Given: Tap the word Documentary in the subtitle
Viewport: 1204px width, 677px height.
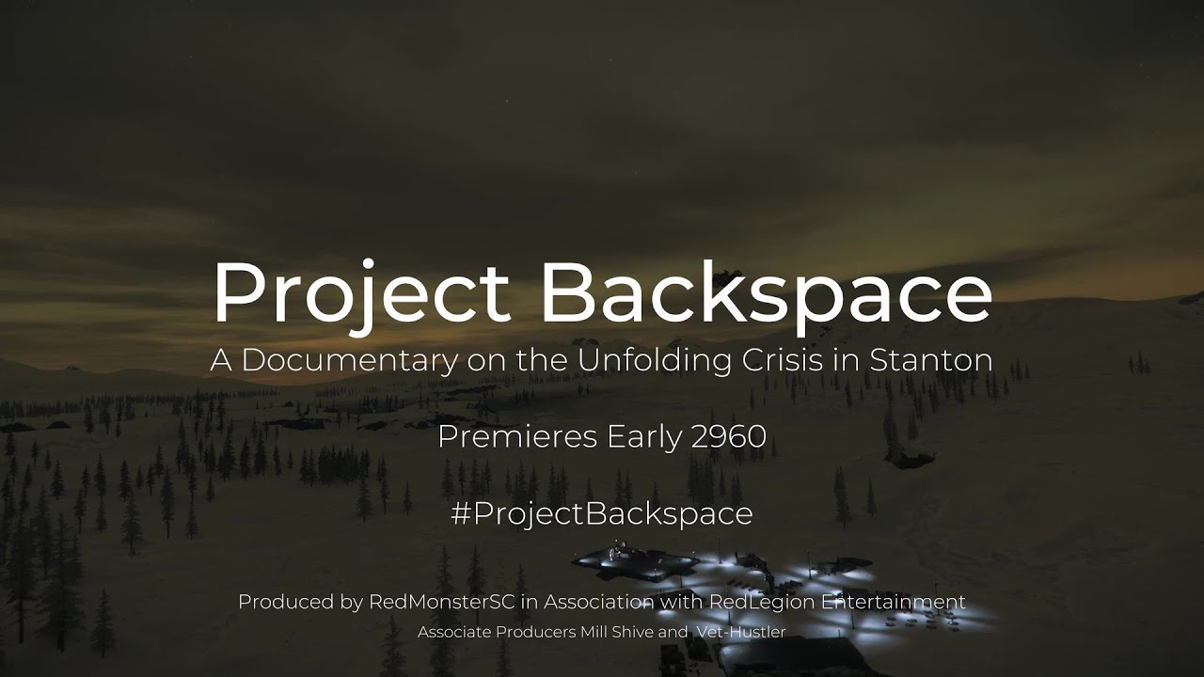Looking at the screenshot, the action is pyautogui.click(x=349, y=361).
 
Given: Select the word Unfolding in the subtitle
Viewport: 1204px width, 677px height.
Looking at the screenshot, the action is pyautogui.click(x=654, y=360).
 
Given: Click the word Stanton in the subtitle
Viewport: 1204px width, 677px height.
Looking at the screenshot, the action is pyautogui.click(x=931, y=360).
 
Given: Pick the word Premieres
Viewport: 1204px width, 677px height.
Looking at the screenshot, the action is pyautogui.click(x=517, y=436).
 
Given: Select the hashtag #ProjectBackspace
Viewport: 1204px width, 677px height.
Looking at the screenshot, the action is pyautogui.click(x=602, y=513).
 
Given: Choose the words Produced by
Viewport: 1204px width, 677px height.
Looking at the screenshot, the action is pyautogui.click(x=300, y=602).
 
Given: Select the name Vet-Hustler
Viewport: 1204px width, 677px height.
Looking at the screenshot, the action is pyautogui.click(x=741, y=632).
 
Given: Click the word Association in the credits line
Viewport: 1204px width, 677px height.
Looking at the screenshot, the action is pyautogui.click(x=599, y=602).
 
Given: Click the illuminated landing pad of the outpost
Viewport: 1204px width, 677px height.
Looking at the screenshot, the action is pyautogui.click(x=634, y=563).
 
